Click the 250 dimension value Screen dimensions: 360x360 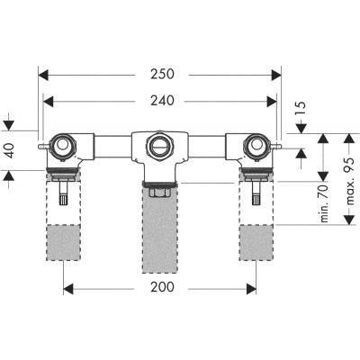point(162,75)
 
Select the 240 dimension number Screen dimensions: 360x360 point(162,101)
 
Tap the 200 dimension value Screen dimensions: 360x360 point(162,287)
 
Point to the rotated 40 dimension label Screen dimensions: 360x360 point(10,150)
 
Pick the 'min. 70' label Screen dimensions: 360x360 point(324,203)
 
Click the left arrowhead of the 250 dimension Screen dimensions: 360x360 point(43,75)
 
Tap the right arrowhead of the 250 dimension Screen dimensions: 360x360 point(276,75)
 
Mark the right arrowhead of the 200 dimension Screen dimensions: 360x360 point(251,289)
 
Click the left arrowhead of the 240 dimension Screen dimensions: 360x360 point(49,102)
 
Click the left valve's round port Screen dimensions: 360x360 point(63,146)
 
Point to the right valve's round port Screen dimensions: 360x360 point(256,146)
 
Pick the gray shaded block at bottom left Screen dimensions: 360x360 point(63,242)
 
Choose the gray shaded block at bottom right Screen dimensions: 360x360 point(256,242)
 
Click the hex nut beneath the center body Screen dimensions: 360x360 point(159,192)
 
